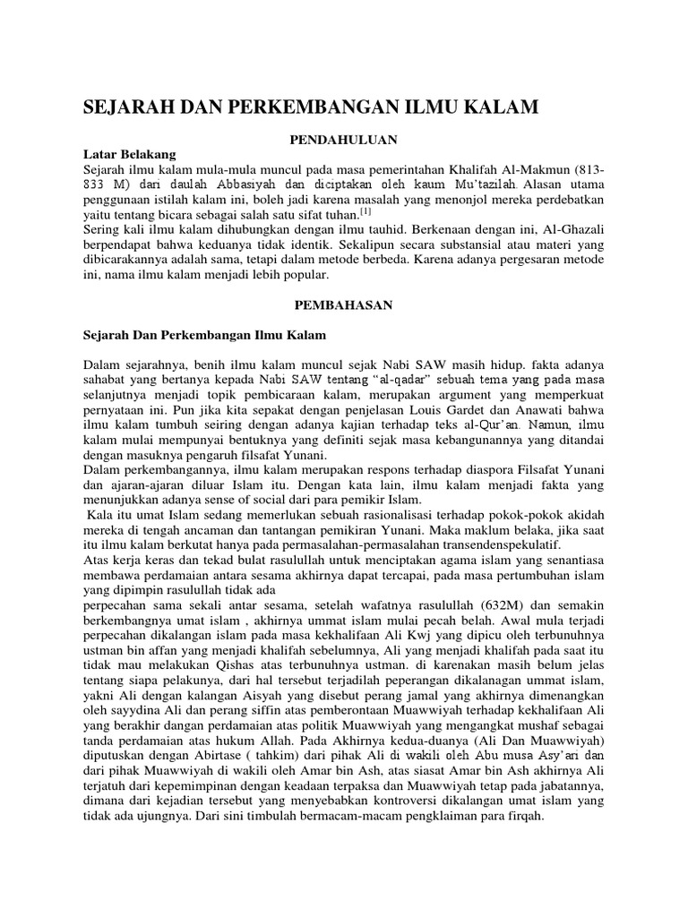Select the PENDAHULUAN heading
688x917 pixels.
(x=344, y=141)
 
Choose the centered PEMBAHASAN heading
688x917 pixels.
(x=344, y=305)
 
